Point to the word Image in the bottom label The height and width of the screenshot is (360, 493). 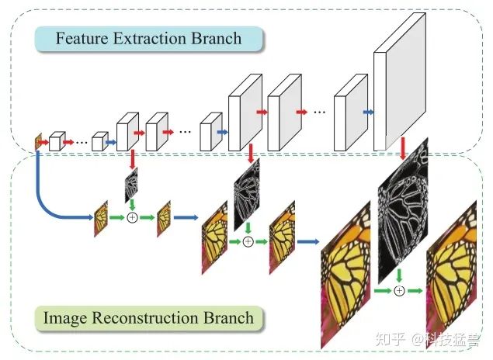tap(67, 317)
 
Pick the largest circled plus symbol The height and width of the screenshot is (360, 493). tap(399, 290)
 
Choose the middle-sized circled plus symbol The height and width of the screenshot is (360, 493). tap(248, 241)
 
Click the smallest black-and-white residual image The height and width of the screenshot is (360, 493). tap(131, 185)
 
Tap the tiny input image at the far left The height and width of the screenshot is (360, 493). tap(36, 142)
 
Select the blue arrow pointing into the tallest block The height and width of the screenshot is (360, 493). tap(366, 111)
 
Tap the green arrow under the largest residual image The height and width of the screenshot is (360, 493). tap(399, 275)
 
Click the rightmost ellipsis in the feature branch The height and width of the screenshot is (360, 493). tap(319, 113)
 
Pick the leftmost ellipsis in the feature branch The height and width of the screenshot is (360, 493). tap(82, 142)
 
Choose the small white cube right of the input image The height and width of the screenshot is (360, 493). tap(55, 141)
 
